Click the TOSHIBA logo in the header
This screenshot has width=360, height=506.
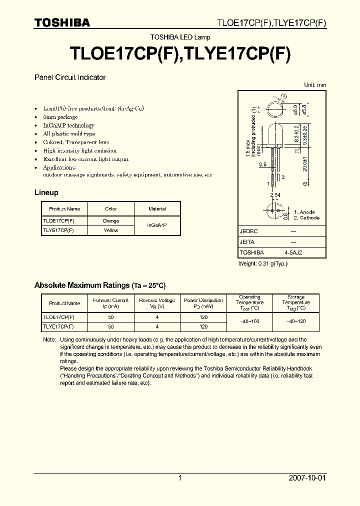(x=62, y=22)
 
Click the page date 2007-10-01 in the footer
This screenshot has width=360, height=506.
(x=307, y=478)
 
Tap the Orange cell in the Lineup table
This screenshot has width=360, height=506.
(x=111, y=221)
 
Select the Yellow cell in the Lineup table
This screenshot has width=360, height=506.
(x=111, y=230)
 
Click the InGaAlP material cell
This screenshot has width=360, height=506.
(x=157, y=225)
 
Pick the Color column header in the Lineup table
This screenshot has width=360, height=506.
(x=111, y=209)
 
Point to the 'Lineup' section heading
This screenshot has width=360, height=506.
(x=46, y=192)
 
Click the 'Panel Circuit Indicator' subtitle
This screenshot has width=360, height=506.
(x=69, y=77)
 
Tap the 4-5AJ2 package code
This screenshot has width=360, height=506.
(x=293, y=252)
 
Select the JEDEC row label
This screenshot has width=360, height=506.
(x=248, y=231)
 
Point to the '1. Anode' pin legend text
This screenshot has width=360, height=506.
(x=304, y=212)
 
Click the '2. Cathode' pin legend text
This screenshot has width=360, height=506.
(x=306, y=218)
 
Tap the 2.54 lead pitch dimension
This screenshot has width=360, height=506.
(x=275, y=194)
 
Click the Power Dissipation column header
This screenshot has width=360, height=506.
(x=203, y=303)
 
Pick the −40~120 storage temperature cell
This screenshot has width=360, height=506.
(x=296, y=322)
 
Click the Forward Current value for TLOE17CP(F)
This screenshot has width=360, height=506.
(x=110, y=317)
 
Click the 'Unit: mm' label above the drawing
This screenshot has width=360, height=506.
(x=315, y=85)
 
